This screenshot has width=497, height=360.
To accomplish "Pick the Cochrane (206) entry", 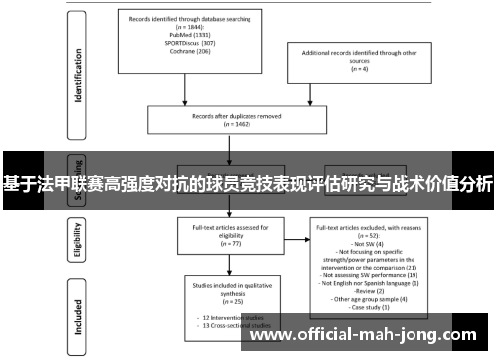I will (x=166, y=52).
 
